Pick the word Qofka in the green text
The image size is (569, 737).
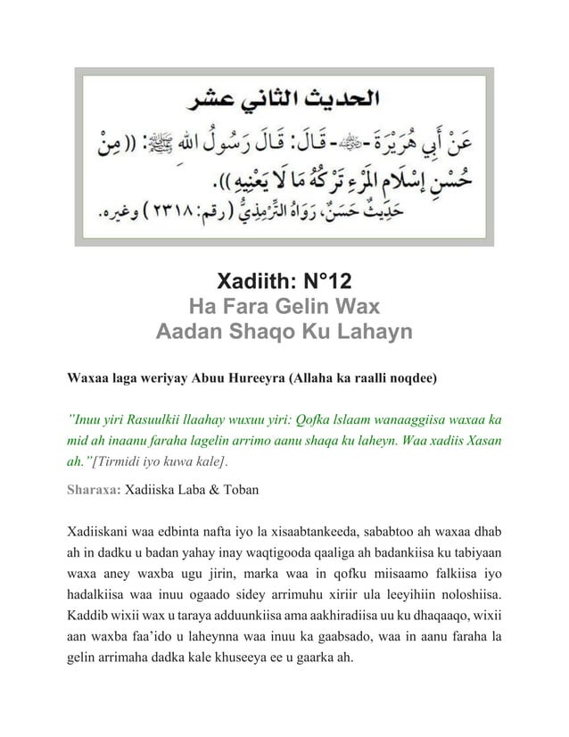[x=310, y=418]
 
